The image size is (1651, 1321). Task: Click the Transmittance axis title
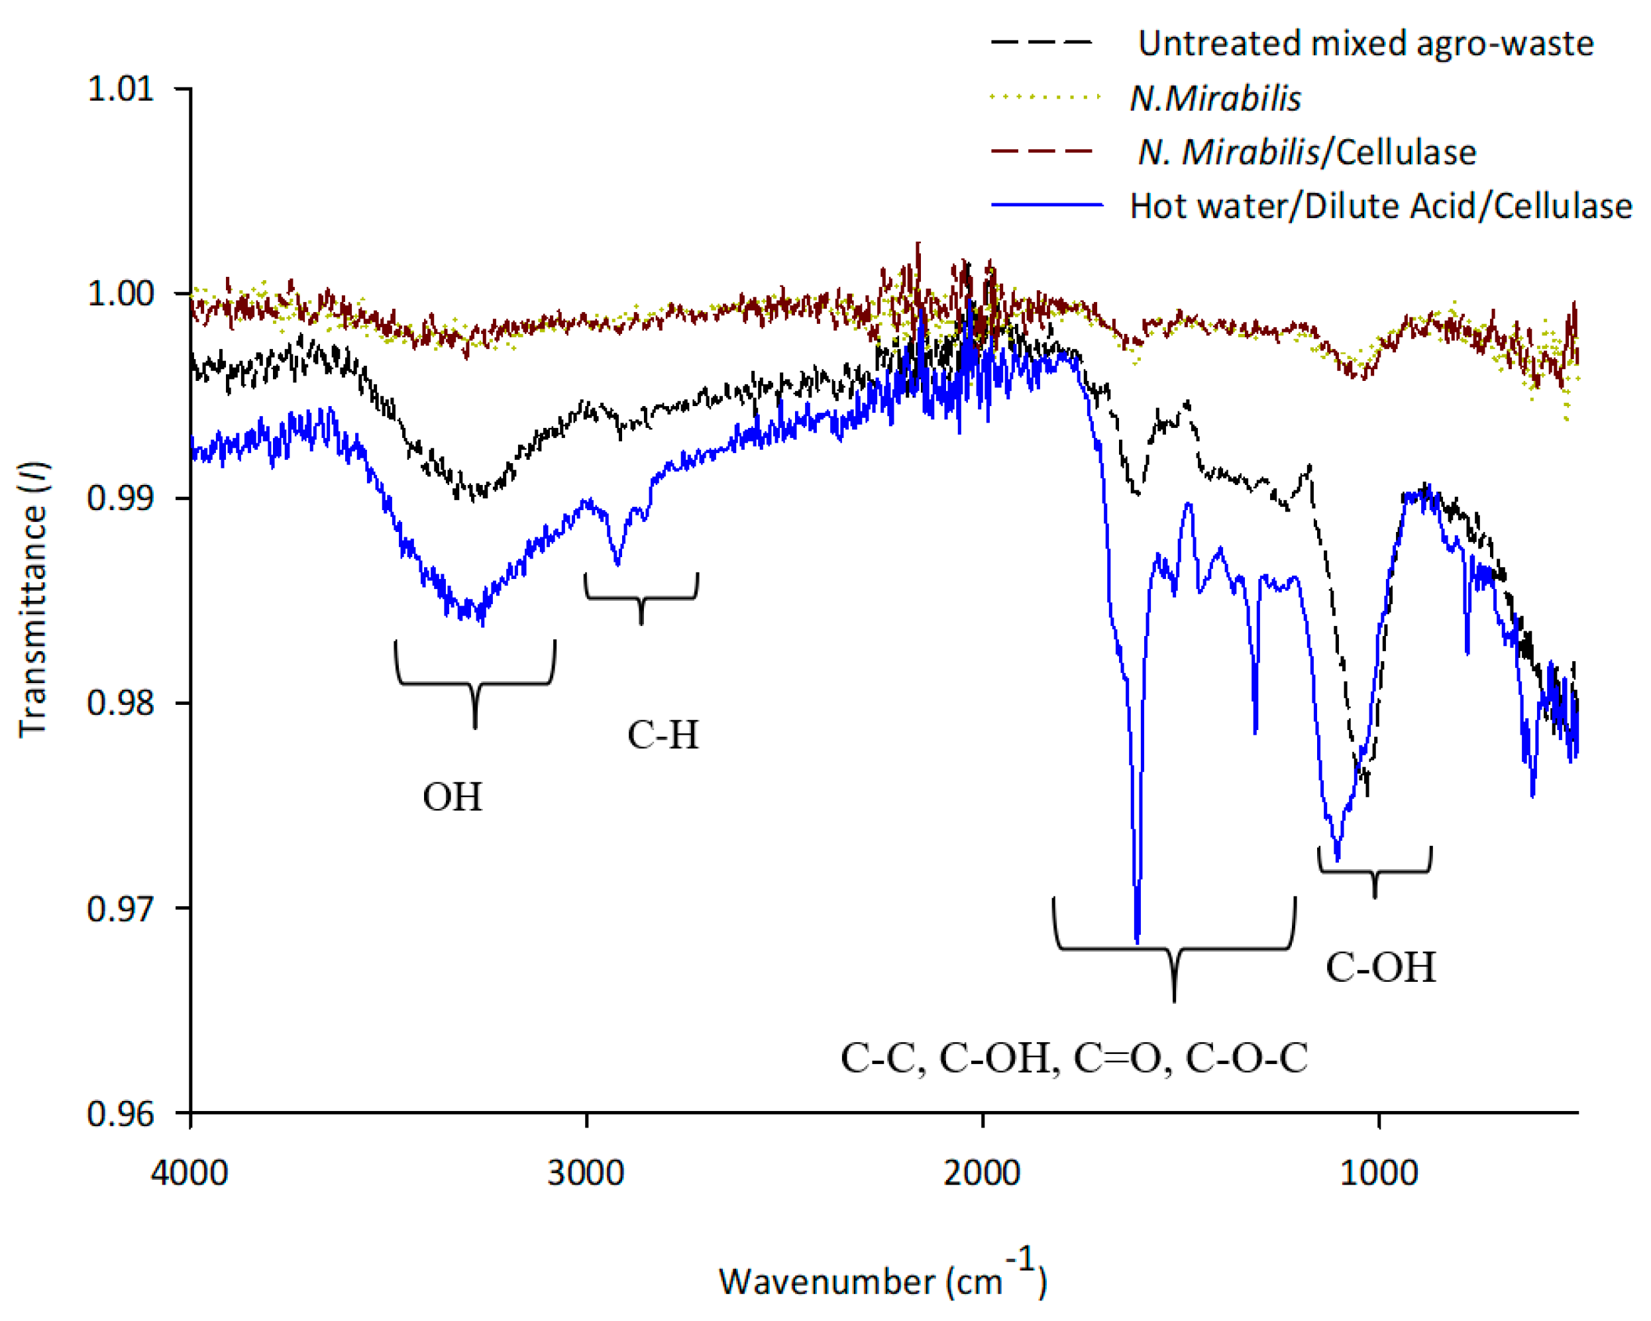(x=33, y=600)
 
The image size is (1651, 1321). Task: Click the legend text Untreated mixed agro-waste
(x=1365, y=44)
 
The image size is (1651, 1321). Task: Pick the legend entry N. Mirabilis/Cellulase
(x=1306, y=152)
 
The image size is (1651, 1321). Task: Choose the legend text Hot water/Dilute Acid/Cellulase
(x=1381, y=207)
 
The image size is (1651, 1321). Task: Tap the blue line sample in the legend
(x=1046, y=205)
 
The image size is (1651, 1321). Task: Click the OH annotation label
(x=453, y=797)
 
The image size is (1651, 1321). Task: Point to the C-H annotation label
(x=663, y=735)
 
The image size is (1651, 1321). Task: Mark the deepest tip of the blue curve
(x=1137, y=941)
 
